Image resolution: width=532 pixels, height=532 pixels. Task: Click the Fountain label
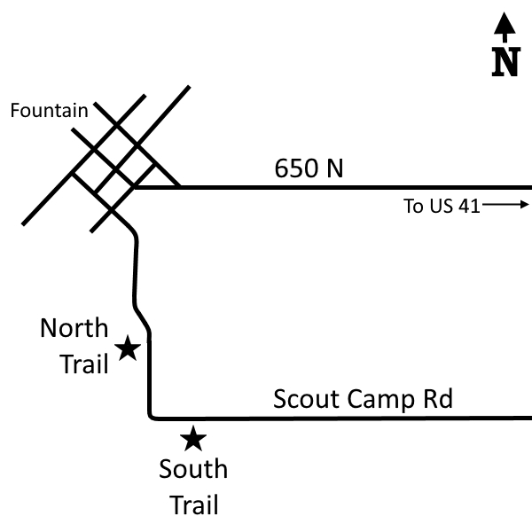(x=49, y=111)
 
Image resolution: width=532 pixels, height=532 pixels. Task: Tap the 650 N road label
(x=309, y=168)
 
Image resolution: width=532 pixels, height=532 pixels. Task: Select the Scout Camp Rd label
(x=363, y=400)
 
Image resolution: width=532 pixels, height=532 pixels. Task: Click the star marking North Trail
(x=128, y=348)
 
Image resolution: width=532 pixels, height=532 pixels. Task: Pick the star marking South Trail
(x=193, y=438)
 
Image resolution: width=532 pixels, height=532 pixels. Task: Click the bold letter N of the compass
(x=506, y=62)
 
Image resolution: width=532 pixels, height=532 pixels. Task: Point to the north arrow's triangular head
(x=505, y=23)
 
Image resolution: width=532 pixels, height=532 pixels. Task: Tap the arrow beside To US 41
(x=505, y=205)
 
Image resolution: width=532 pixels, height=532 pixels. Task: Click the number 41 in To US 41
(x=469, y=206)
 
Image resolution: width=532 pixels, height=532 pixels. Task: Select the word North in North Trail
(x=74, y=328)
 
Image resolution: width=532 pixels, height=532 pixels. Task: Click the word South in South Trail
(x=193, y=469)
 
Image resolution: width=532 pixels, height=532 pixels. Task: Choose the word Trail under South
(x=194, y=505)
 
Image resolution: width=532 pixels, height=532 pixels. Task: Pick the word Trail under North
(x=84, y=364)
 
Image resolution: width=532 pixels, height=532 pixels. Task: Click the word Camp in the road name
(x=381, y=401)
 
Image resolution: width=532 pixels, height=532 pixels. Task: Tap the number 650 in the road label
(x=296, y=168)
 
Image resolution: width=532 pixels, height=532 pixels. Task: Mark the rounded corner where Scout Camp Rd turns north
(x=151, y=417)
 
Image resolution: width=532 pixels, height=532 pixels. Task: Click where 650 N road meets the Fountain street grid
(x=135, y=187)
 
